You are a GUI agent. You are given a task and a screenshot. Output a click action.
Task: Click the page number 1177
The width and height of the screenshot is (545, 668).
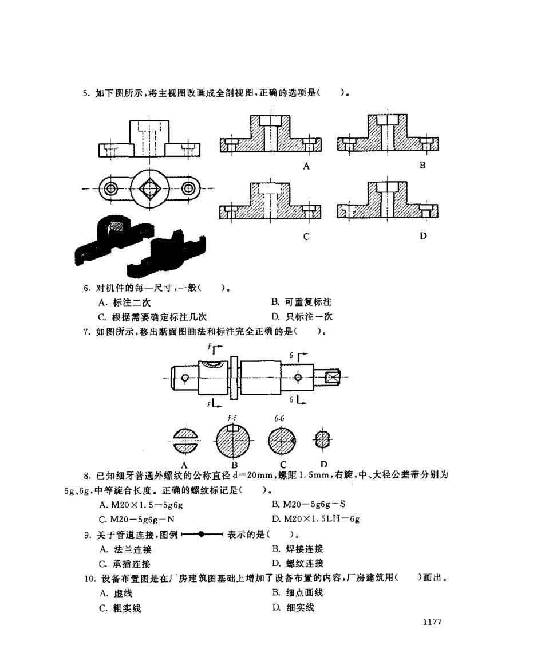click(432, 622)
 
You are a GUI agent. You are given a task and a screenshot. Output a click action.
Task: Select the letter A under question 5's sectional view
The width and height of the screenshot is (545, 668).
click(306, 166)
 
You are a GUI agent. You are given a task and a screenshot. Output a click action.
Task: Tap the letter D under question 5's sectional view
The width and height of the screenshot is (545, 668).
click(423, 235)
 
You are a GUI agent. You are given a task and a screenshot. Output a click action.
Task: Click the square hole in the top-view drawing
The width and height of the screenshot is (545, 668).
click(149, 188)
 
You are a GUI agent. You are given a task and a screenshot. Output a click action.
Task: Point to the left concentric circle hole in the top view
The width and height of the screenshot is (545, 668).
click(112, 188)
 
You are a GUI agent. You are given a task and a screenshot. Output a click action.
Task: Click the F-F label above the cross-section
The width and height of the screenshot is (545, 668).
click(232, 418)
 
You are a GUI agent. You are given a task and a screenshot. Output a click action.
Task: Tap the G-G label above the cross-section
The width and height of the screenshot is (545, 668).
click(279, 419)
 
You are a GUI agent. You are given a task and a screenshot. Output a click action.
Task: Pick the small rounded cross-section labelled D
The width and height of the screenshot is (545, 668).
click(323, 439)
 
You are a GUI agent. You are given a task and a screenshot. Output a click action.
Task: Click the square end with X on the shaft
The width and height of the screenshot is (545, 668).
click(331, 378)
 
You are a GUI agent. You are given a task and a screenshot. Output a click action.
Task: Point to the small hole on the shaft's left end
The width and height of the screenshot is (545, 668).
click(185, 378)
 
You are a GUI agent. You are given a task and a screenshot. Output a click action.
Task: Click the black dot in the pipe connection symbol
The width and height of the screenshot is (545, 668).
click(202, 534)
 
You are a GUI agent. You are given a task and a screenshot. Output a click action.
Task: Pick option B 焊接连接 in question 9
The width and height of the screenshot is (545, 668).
click(298, 549)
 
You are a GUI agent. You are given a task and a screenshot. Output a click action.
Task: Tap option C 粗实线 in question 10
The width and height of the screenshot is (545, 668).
click(120, 608)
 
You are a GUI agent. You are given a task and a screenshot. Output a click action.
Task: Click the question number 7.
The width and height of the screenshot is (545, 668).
click(87, 332)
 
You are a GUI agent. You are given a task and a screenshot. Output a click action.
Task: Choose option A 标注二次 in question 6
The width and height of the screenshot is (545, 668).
click(124, 302)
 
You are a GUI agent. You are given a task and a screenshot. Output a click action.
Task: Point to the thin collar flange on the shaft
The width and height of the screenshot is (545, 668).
click(234, 378)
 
